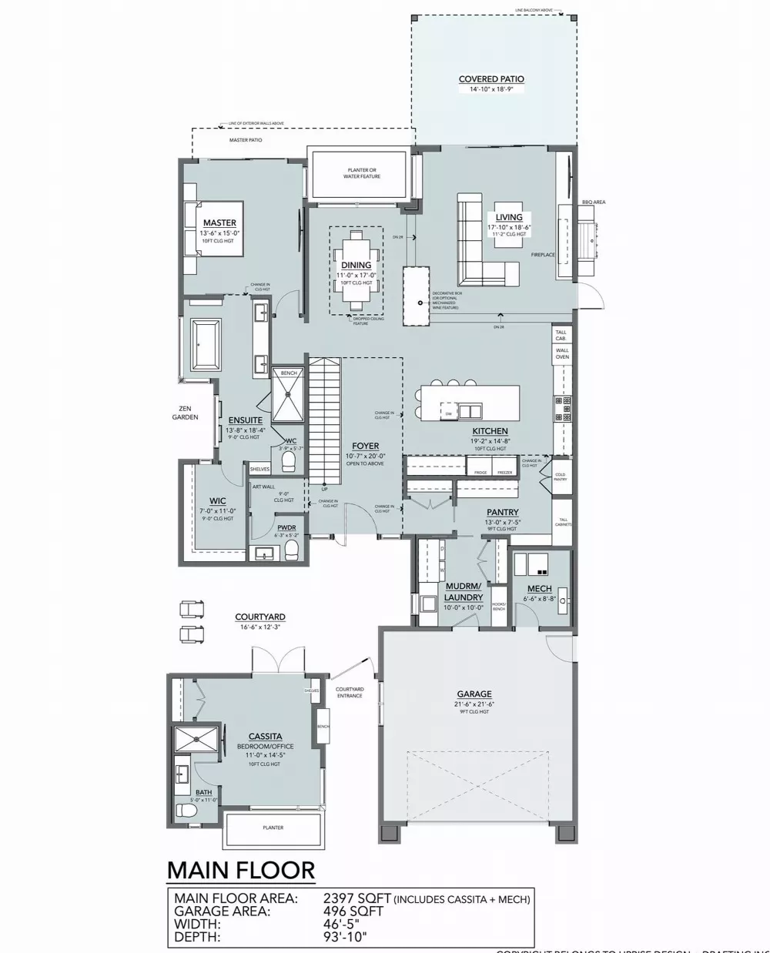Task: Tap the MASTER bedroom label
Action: pyautogui.click(x=219, y=223)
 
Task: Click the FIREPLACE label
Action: pyautogui.click(x=543, y=255)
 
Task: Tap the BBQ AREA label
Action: pyautogui.click(x=594, y=202)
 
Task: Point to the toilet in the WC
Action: pyautogui.click(x=289, y=460)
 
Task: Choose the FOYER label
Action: pyautogui.click(x=365, y=446)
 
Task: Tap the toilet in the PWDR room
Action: pyautogui.click(x=291, y=548)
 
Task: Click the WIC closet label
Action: pyautogui.click(x=217, y=501)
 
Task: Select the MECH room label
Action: pyautogui.click(x=539, y=590)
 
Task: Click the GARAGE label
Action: pyautogui.click(x=473, y=694)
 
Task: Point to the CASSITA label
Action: pyautogui.click(x=265, y=737)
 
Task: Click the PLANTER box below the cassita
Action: pyautogui.click(x=273, y=828)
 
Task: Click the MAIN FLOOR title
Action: pyautogui.click(x=241, y=870)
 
